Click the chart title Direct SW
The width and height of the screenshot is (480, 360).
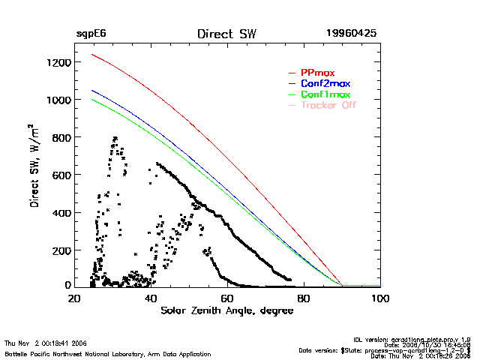(226, 34)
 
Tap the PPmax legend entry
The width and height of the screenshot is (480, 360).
(317, 73)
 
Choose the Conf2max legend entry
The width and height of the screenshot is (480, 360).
(325, 83)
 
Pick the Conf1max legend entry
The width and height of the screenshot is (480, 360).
(325, 94)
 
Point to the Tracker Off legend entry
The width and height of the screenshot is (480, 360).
(328, 105)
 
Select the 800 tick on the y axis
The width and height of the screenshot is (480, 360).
(59, 137)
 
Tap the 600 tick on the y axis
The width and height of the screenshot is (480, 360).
(59, 175)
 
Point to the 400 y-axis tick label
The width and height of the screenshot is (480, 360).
(59, 212)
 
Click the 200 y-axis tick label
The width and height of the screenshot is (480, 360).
(59, 250)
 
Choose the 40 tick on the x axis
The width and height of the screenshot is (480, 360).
(151, 298)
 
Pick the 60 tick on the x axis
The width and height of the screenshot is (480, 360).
(227, 298)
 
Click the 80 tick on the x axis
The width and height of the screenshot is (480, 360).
(304, 298)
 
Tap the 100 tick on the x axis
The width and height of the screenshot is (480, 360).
(380, 298)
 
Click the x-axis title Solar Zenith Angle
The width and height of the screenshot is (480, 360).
(226, 310)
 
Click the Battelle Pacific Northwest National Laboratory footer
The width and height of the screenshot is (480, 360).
(108, 353)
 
